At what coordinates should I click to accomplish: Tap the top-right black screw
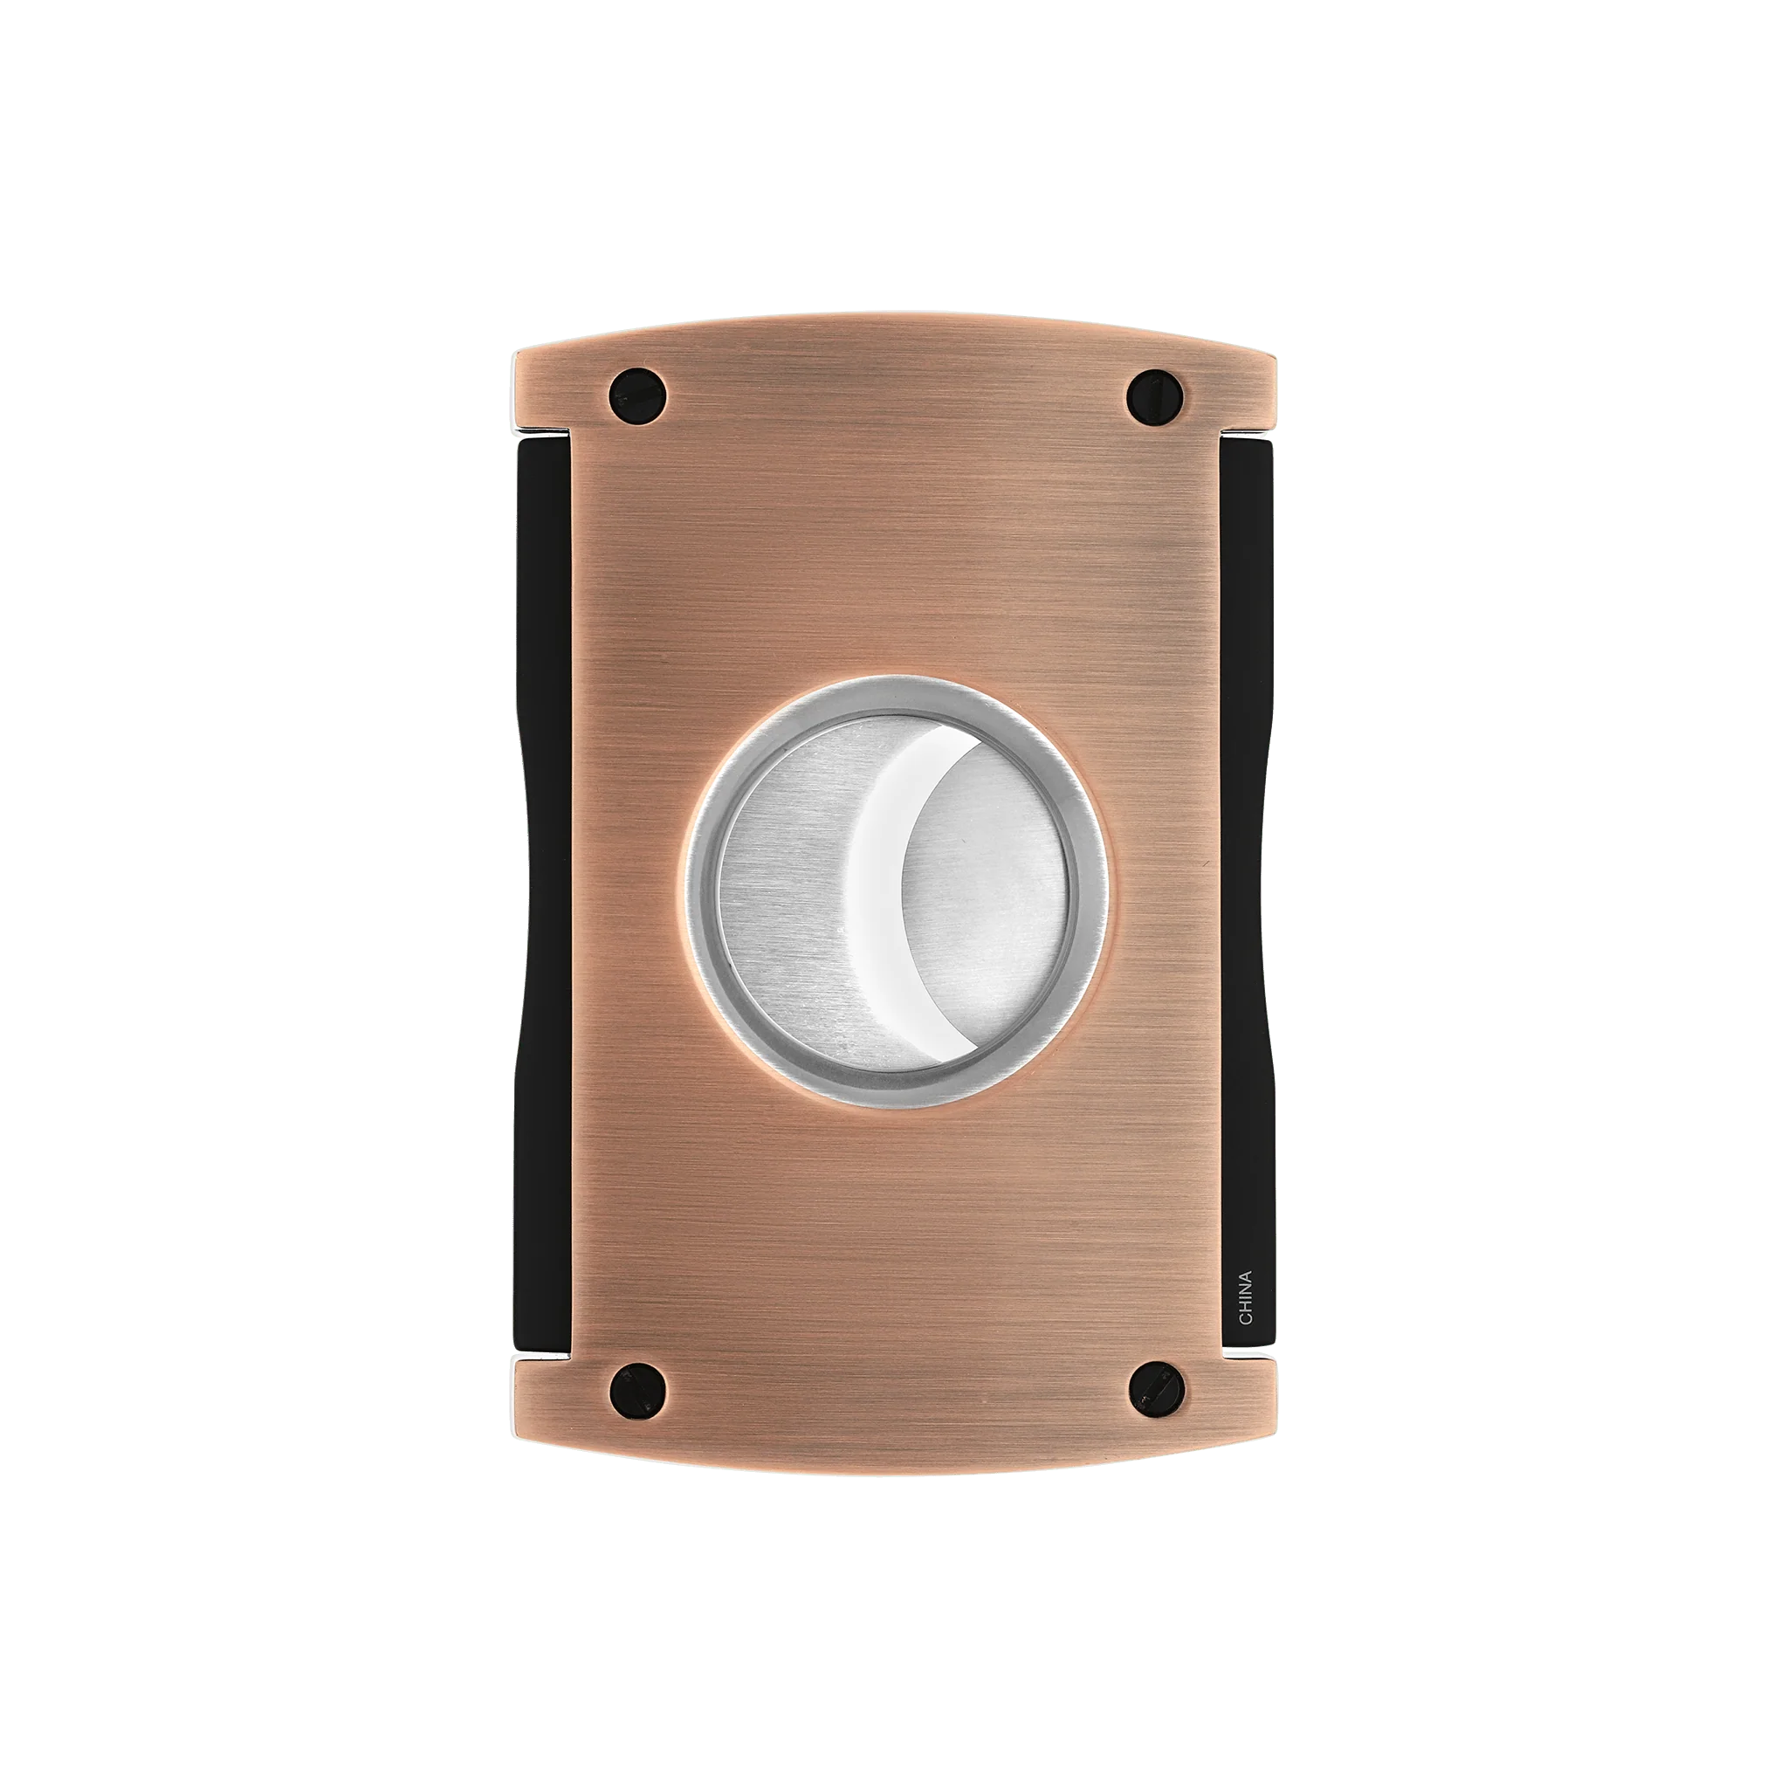(1153, 395)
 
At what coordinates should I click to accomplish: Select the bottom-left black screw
(638, 1391)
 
